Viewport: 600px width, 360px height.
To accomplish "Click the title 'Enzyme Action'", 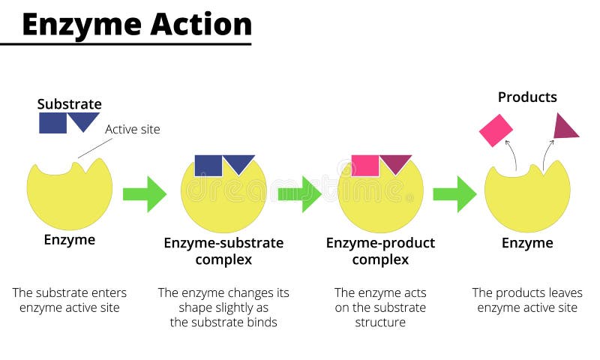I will click(136, 24).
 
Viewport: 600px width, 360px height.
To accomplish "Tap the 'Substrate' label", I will click(69, 104).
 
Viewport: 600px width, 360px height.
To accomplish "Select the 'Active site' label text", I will click(132, 129).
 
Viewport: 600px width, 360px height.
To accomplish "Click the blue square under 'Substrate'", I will click(52, 122).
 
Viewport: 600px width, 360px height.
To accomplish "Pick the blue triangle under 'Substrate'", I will click(84, 119).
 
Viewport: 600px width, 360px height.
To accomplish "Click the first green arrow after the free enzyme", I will click(144, 194).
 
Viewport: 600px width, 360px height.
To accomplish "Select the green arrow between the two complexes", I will click(299, 194).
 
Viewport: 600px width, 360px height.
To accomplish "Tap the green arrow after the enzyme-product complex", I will click(454, 194).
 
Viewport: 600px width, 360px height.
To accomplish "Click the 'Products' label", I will click(527, 97).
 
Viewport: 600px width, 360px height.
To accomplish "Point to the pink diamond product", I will click(496, 130).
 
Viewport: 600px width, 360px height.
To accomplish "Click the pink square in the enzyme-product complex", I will click(365, 165).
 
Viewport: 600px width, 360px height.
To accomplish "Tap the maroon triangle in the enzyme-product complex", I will click(395, 162).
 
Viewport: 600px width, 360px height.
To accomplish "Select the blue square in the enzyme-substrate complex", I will click(208, 165).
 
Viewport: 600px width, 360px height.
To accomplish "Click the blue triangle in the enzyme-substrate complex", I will click(238, 162).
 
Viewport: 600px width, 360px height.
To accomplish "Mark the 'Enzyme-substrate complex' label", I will click(223, 251).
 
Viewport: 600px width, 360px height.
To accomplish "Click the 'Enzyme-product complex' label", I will click(380, 251).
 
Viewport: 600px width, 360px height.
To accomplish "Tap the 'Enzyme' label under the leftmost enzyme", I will click(69, 240).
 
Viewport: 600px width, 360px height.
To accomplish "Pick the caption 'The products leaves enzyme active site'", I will click(527, 300).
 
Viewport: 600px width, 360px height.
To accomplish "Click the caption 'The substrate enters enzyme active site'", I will click(69, 300).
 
